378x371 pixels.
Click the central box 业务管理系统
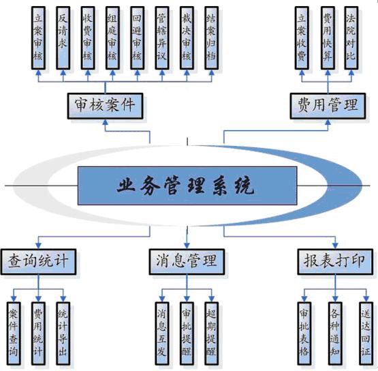187,185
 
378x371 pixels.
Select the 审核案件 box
105,106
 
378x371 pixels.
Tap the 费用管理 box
328,106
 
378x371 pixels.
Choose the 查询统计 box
39,262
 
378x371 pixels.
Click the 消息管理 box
187,262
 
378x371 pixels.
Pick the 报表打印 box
335,262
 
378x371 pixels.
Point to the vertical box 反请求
63,38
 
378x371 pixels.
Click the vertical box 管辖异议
162,38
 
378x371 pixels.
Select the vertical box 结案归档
211,38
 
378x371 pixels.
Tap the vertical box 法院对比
351,38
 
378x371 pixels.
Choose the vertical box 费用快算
328,38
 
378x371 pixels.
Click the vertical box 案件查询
14,333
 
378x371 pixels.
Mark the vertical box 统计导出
63,333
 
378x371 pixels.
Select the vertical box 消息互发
162,333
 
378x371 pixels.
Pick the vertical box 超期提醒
211,333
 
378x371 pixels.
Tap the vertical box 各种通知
335,333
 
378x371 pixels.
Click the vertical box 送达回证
366,333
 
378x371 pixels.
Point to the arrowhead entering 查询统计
39,246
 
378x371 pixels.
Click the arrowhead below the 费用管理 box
328,122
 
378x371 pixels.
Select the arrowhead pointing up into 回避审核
137,73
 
